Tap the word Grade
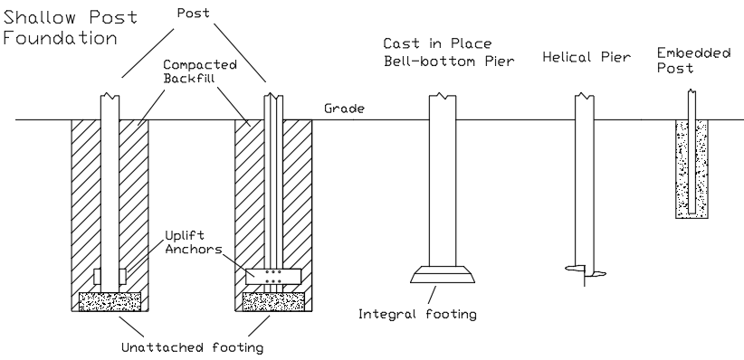point(344,109)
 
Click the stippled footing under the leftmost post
point(110,301)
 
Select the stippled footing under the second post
point(272,301)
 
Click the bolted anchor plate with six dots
point(272,277)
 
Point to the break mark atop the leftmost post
point(110,95)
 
